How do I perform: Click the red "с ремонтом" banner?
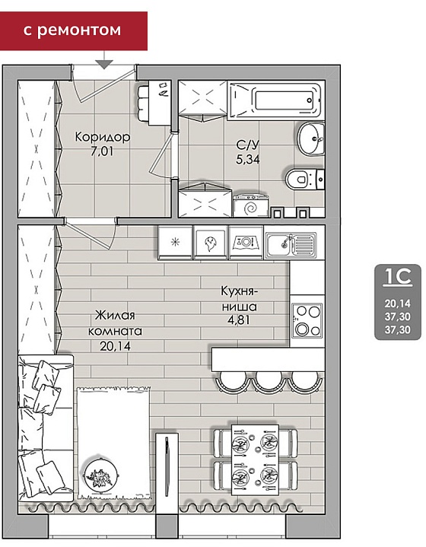(73, 30)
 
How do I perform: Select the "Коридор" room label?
(103, 137)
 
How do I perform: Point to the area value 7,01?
(102, 151)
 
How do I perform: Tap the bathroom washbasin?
(312, 139)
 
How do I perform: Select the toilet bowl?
(305, 180)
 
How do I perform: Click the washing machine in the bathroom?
(252, 206)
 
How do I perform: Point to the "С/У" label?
(247, 145)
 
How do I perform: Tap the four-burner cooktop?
(308, 320)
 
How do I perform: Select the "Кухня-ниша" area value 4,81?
(239, 320)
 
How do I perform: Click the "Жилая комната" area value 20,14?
(115, 345)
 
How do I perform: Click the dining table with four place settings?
(255, 460)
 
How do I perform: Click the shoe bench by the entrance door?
(143, 103)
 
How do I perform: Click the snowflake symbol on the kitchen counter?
(175, 242)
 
